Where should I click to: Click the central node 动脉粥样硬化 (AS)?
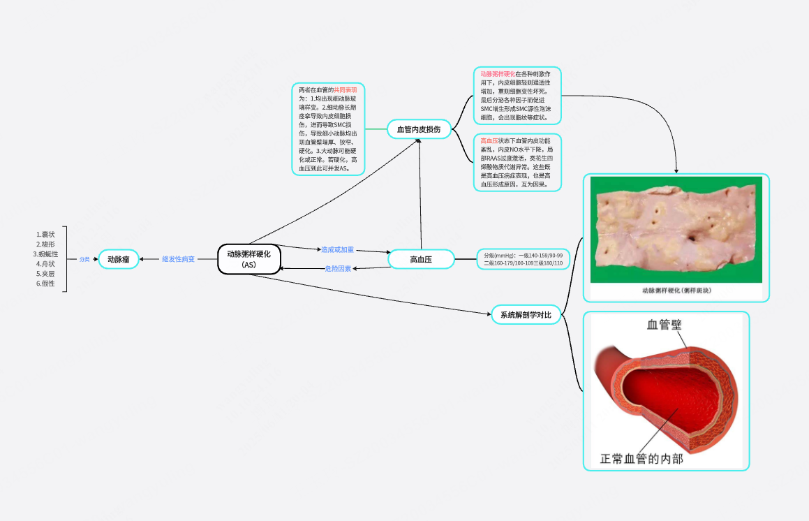tap(248, 259)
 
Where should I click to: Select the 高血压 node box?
tap(420, 259)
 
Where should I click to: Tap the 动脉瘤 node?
tap(118, 259)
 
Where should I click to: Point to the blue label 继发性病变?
tap(179, 259)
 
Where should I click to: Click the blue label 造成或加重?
tap(337, 249)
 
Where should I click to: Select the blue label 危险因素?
tap(339, 268)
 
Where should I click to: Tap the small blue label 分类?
tap(84, 259)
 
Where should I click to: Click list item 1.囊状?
tap(45, 234)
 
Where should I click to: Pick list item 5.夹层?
tap(45, 274)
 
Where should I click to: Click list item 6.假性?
tap(45, 284)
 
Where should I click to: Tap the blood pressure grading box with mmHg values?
tap(523, 259)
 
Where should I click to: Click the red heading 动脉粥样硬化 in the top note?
tap(498, 73)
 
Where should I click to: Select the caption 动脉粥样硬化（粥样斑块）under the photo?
tap(676, 290)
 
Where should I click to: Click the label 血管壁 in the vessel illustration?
tap(664, 324)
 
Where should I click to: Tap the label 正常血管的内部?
tap(641, 459)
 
